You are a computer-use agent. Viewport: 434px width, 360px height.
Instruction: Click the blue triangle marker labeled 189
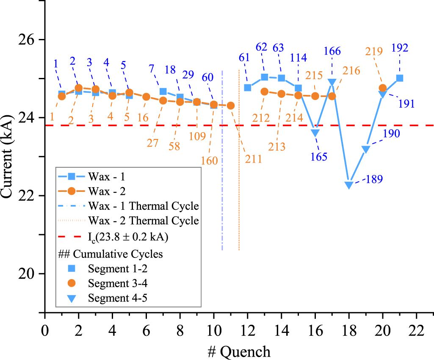pyautogui.click(x=349, y=185)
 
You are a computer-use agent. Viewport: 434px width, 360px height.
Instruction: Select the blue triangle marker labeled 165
pyautogui.click(x=315, y=133)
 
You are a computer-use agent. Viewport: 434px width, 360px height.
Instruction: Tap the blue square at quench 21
pyautogui.click(x=400, y=78)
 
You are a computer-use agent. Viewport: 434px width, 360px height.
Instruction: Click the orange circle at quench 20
pyautogui.click(x=383, y=88)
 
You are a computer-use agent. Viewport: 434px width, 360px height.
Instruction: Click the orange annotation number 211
pyautogui.click(x=253, y=159)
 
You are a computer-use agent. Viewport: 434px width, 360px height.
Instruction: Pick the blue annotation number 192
pyautogui.click(x=400, y=48)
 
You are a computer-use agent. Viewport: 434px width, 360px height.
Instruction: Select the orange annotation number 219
pyautogui.click(x=374, y=51)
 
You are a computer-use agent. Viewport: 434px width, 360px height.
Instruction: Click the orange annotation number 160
pyautogui.click(x=210, y=161)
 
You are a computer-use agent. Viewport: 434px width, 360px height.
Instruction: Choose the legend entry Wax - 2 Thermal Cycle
pyautogui.click(x=144, y=221)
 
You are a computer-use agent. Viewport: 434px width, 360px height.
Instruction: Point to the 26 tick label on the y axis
pyautogui.click(x=30, y=39)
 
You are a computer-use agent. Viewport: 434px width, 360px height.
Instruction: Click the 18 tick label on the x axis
pyautogui.click(x=349, y=330)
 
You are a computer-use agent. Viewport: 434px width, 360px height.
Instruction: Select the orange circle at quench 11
pyautogui.click(x=231, y=105)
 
